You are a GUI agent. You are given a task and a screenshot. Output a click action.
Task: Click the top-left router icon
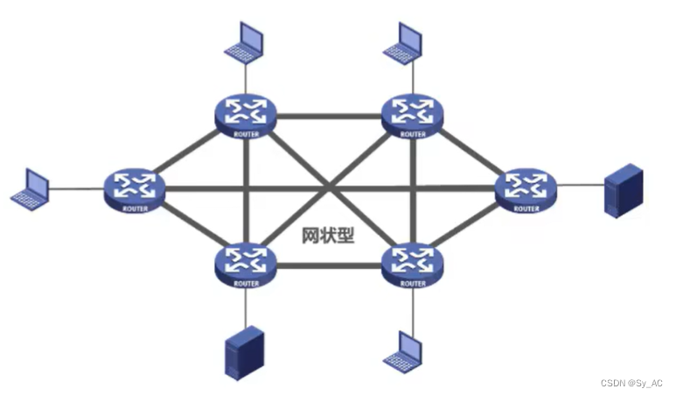click(x=246, y=112)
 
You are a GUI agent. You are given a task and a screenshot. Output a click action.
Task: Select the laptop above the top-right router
click(x=403, y=41)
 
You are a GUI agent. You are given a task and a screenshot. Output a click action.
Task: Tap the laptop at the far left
click(x=30, y=187)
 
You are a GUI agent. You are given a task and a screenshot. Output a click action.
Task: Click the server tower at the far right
click(x=624, y=193)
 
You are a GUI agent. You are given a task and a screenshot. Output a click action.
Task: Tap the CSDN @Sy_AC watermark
click(x=632, y=383)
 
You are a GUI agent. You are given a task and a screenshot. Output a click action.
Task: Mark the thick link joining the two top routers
click(x=329, y=115)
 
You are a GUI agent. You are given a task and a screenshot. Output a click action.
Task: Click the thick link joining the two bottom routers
click(x=329, y=263)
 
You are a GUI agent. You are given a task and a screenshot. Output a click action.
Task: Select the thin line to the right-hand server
click(x=580, y=186)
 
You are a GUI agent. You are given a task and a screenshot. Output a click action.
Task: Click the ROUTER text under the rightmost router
click(x=526, y=209)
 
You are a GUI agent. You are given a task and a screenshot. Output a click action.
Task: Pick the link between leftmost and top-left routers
click(x=188, y=150)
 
